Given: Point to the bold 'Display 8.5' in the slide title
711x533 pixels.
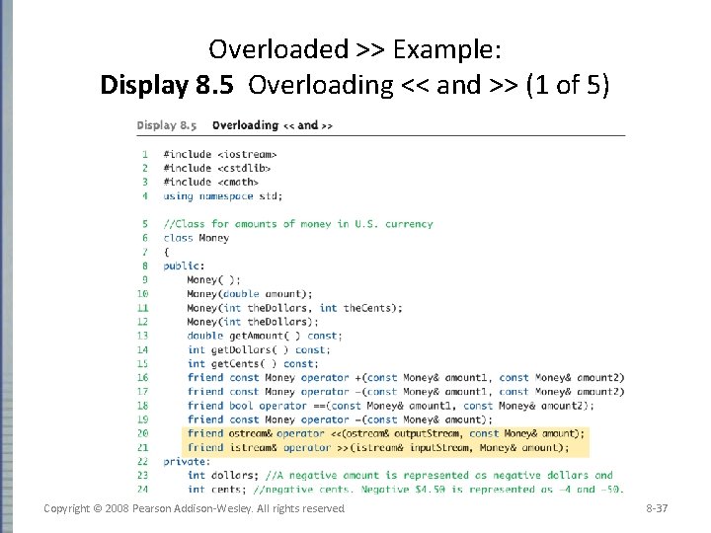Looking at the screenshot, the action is click(x=168, y=85).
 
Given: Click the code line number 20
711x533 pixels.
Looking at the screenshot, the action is click(x=143, y=432).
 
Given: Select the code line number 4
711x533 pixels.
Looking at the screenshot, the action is click(x=145, y=195).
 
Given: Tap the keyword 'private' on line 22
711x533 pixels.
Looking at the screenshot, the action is click(x=184, y=461).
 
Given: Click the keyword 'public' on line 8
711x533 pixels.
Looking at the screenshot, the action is click(x=182, y=266).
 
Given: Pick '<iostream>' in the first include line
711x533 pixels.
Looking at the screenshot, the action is click(x=247, y=154).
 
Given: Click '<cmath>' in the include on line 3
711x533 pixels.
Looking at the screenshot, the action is click(x=238, y=182).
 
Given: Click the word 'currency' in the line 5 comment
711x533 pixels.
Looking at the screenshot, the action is click(x=409, y=224).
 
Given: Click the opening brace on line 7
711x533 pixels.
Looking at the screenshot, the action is click(x=166, y=252).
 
